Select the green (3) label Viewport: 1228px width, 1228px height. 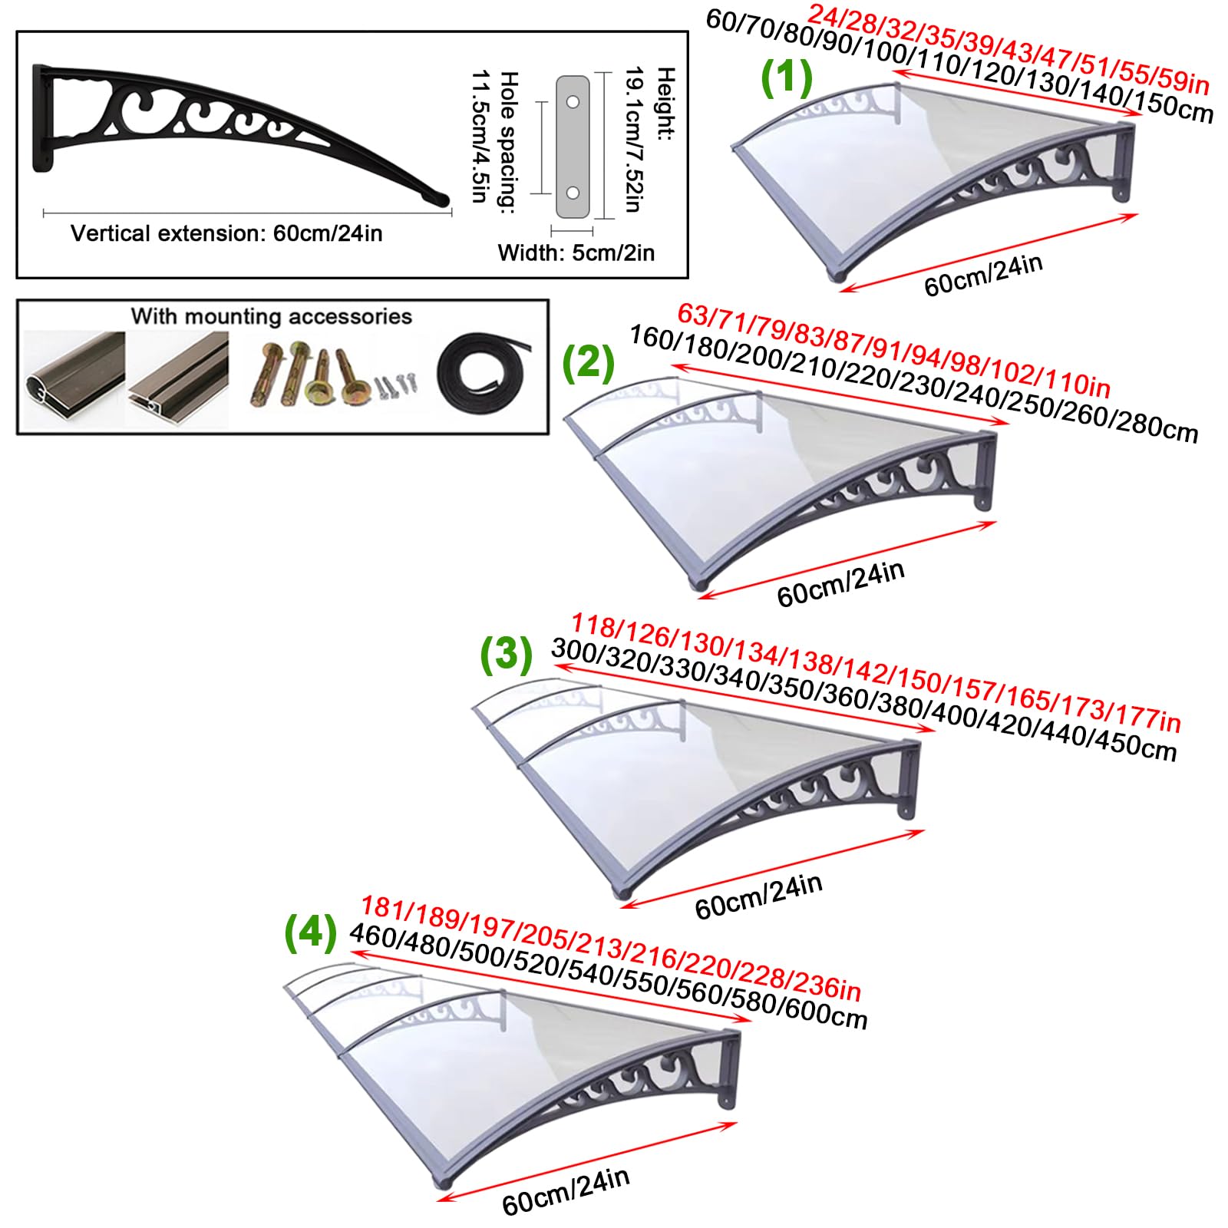point(506,654)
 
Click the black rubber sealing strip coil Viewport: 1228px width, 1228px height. point(484,374)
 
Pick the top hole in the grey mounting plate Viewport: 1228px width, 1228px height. point(573,101)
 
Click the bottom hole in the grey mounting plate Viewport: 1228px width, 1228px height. point(573,193)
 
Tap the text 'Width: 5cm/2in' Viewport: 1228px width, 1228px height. point(576,253)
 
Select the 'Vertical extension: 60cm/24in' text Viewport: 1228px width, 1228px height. point(226,233)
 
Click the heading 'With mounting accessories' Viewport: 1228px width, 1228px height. point(271,316)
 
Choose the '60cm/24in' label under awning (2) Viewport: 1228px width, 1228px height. point(840,584)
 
